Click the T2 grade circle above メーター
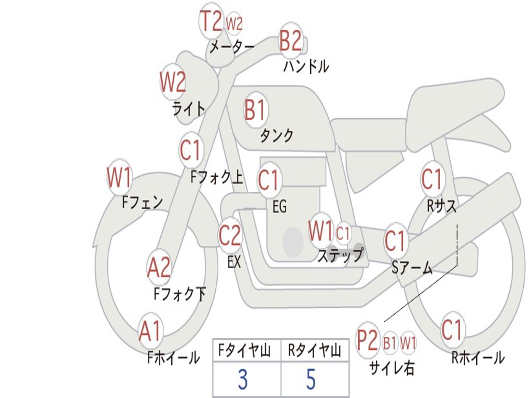click(211, 22)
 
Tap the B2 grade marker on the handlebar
click(290, 40)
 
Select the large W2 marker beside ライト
click(173, 81)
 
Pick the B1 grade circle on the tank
click(255, 110)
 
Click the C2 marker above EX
click(230, 236)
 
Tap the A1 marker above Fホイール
click(150, 331)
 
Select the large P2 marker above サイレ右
click(368, 341)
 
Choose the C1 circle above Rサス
click(432, 179)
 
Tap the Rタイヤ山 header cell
click(314, 351)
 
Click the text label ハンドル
click(306, 66)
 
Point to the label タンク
click(276, 136)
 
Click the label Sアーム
click(412, 268)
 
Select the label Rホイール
click(478, 358)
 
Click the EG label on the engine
click(280, 207)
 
